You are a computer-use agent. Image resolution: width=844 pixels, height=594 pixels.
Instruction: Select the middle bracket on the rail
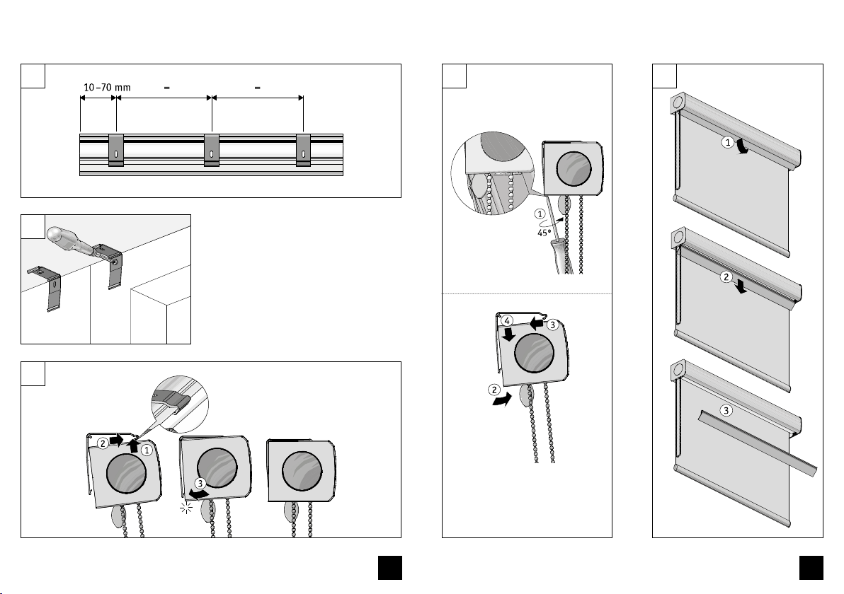pos(212,150)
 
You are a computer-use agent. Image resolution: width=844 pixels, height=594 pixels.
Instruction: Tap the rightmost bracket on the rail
pos(303,150)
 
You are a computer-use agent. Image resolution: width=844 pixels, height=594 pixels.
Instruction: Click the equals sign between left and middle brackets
pos(167,88)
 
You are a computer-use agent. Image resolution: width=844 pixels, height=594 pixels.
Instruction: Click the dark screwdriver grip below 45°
pos(566,255)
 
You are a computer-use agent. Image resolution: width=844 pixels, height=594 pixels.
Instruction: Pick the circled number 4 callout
pos(507,321)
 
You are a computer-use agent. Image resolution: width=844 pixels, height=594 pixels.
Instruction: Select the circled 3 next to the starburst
pos(203,484)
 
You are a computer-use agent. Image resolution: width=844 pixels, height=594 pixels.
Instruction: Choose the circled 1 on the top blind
pos(727,143)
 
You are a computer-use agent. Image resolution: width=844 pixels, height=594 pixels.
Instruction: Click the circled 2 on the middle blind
pos(726,277)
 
